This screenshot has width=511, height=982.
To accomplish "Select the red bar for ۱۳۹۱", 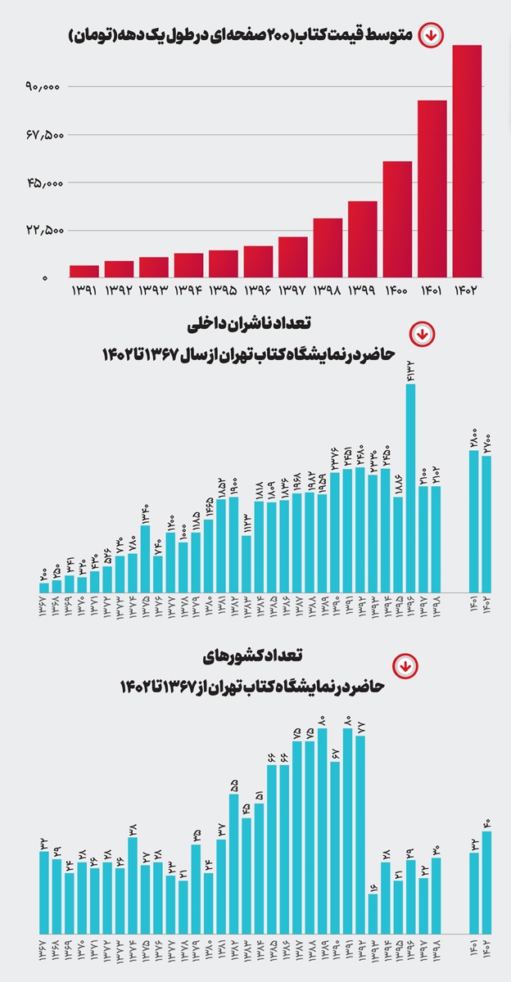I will pyautogui.click(x=84, y=271).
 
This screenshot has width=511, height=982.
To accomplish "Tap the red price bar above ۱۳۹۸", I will pyautogui.click(x=328, y=247).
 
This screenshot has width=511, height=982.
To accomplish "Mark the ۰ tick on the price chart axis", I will pyautogui.click(x=46, y=279).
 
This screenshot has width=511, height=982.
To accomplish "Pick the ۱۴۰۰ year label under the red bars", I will pyautogui.click(x=397, y=291).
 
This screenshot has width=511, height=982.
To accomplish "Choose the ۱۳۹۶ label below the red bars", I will pyautogui.click(x=258, y=291).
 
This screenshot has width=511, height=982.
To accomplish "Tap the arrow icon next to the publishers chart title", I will pyautogui.click(x=421, y=335).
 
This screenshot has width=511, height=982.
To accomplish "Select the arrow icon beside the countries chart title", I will pyautogui.click(x=403, y=665).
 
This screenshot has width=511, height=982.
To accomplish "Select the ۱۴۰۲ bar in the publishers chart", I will pyautogui.click(x=486, y=524).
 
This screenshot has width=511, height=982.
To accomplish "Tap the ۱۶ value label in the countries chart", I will pyautogui.click(x=373, y=886).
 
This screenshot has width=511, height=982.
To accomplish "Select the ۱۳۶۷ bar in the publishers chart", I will pyautogui.click(x=43, y=588).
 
